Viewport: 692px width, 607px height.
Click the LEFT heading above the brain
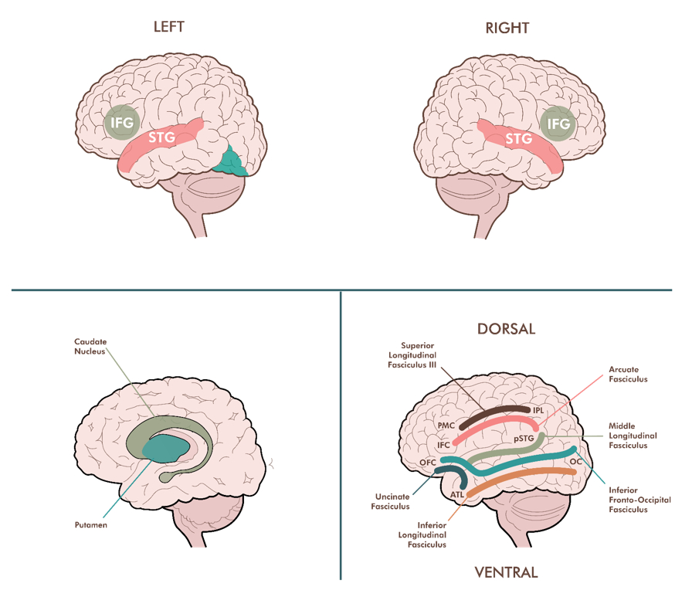[169, 26]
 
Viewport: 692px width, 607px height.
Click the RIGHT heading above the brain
[507, 29]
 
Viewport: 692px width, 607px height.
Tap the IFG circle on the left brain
[121, 122]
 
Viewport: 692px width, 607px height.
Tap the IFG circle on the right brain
[558, 124]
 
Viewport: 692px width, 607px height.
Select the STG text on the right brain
[518, 139]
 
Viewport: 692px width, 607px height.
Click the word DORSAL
[506, 329]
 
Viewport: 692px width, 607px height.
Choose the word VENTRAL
[506, 572]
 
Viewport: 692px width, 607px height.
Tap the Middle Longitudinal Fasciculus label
[633, 436]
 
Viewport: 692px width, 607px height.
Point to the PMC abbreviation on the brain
[446, 426]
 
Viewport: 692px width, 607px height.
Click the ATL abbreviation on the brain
[456, 493]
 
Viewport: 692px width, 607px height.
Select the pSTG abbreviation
[524, 439]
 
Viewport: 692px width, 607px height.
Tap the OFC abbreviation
[428, 462]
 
